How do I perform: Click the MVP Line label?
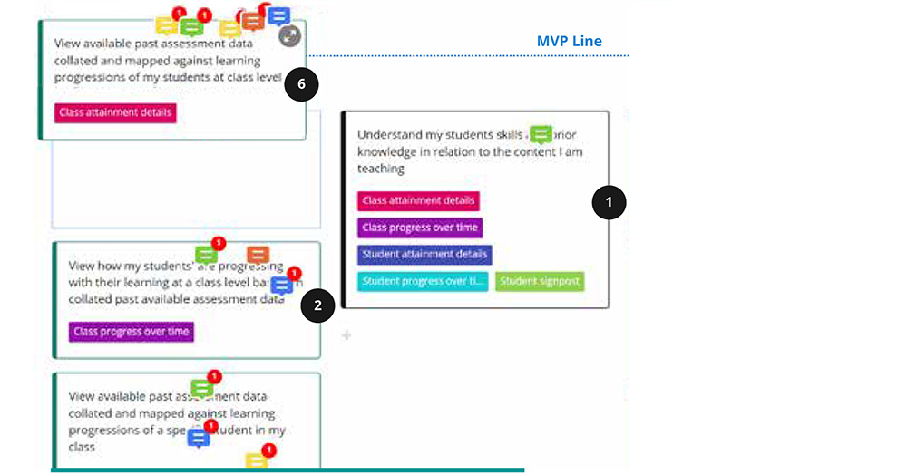click(569, 42)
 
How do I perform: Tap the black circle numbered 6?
click(301, 85)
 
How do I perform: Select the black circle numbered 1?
click(609, 202)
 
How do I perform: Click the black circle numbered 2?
click(317, 306)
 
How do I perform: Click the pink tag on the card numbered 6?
click(115, 112)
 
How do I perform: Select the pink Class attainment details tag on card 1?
click(418, 200)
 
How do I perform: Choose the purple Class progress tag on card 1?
click(420, 228)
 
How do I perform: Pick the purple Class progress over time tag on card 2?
click(132, 332)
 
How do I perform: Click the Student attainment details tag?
click(424, 255)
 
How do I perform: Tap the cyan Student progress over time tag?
click(423, 281)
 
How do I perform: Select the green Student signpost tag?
click(541, 281)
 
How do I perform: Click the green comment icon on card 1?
click(541, 135)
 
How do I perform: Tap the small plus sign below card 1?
click(346, 336)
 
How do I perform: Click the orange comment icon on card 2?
click(258, 255)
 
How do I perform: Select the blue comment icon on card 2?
click(281, 286)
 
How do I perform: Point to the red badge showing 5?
click(218, 243)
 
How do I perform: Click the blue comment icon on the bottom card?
click(199, 438)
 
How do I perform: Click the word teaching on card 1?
click(380, 169)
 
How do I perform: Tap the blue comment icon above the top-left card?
click(278, 16)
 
